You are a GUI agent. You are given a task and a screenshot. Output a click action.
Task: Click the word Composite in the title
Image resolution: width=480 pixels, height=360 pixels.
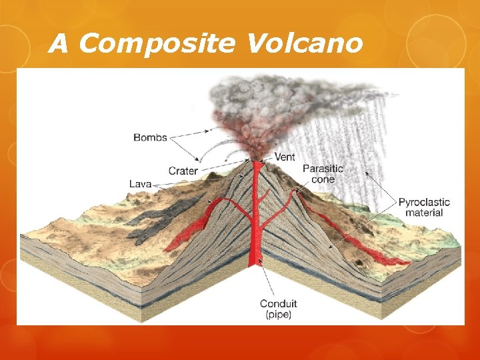156,44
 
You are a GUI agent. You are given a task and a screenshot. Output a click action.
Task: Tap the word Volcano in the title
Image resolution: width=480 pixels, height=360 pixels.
304,44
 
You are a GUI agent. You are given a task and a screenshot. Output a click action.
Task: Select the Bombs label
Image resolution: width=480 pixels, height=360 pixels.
150,138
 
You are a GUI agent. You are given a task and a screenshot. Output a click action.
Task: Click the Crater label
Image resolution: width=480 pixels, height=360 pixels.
183,171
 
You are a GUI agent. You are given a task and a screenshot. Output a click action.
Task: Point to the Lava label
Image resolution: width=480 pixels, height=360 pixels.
139,183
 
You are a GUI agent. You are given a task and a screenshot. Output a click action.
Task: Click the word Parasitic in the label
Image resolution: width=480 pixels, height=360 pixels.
323,169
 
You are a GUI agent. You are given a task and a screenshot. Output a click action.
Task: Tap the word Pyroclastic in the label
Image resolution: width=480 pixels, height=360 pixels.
424,202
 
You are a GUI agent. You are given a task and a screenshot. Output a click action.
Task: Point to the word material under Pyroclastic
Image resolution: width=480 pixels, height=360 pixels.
424,213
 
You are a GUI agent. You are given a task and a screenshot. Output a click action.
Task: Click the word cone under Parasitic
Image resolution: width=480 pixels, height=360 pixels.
323,179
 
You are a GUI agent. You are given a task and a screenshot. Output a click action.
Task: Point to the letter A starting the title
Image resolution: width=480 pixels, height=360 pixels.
59,44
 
